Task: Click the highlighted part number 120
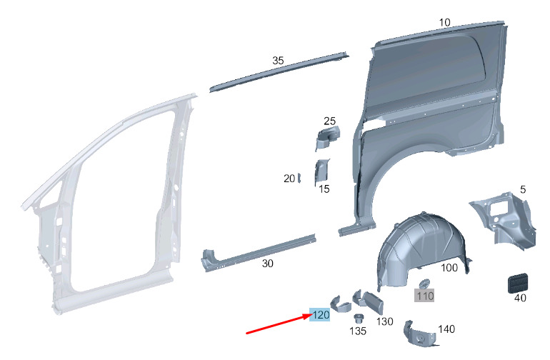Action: pyautogui.click(x=319, y=314)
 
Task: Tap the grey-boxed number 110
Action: pyautogui.click(x=424, y=296)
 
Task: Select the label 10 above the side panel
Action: pyautogui.click(x=444, y=22)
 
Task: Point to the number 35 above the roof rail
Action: pyautogui.click(x=278, y=60)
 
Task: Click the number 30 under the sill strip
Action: pyautogui.click(x=268, y=263)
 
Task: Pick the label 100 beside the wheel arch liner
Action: pyautogui.click(x=449, y=268)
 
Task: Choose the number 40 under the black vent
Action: pyautogui.click(x=520, y=298)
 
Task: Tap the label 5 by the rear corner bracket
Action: pyautogui.click(x=523, y=190)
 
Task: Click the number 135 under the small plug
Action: pyautogui.click(x=358, y=331)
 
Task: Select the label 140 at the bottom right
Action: pyautogui.click(x=446, y=329)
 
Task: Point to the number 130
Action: pyautogui.click(x=384, y=321)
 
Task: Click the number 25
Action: pyautogui.click(x=329, y=121)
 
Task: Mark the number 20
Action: pyautogui.click(x=289, y=179)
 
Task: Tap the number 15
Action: pyautogui.click(x=324, y=189)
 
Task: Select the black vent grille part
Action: pyautogui.click(x=517, y=282)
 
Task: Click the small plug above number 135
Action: pyautogui.click(x=358, y=319)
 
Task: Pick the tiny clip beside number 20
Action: pyautogui.click(x=299, y=178)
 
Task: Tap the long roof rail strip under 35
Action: pyautogui.click(x=279, y=72)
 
